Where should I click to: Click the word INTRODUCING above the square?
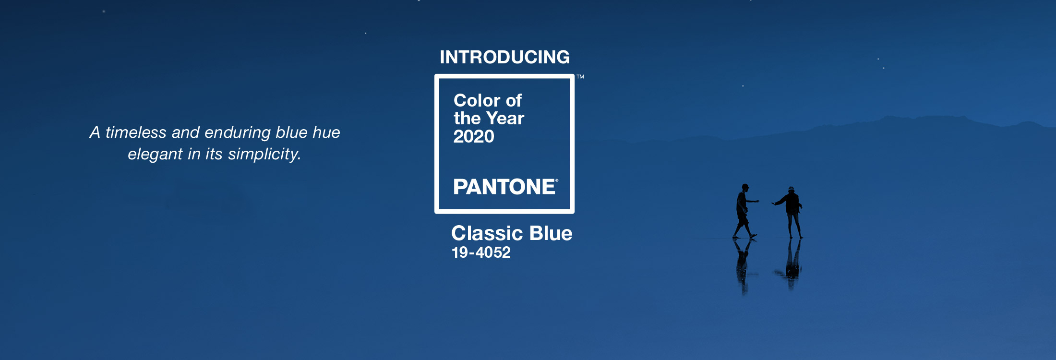504,57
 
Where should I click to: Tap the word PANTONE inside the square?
504,187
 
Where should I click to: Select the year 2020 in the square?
474,137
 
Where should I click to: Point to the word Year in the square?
505,119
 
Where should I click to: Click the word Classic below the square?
487,233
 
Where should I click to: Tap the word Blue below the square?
551,233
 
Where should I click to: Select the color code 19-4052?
481,252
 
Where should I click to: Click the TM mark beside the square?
580,77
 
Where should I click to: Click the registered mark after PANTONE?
557,180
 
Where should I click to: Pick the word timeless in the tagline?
136,132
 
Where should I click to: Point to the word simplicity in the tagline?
264,154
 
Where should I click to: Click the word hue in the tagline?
326,132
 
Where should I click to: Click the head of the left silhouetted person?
745,187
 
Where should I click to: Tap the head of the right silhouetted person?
791,190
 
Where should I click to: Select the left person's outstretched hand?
757,201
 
